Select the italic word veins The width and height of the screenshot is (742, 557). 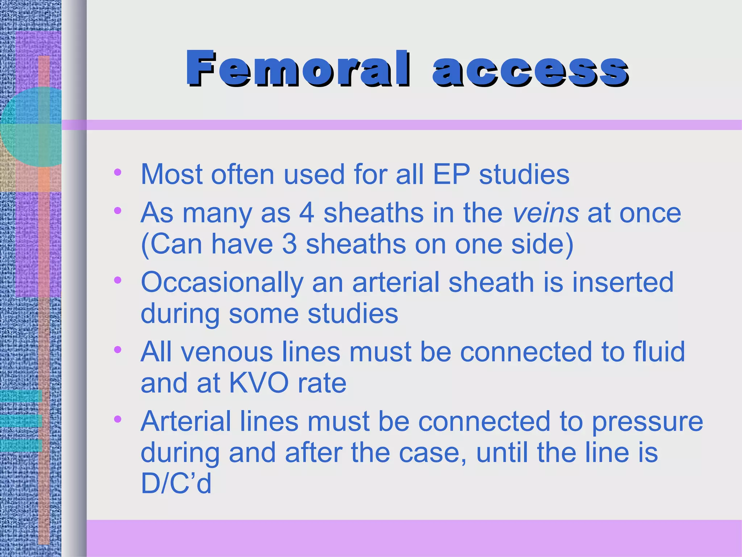(546, 213)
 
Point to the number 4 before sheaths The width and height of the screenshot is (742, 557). (307, 213)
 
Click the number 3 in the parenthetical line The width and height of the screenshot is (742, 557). (289, 244)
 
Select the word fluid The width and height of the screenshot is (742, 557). (659, 351)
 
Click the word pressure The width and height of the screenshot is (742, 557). (647, 422)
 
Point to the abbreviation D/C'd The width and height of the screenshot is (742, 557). (176, 483)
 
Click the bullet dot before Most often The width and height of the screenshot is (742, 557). (117, 172)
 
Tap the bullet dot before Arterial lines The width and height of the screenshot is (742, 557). (117, 419)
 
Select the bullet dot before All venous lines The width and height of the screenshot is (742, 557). (117, 350)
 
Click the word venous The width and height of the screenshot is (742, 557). (227, 352)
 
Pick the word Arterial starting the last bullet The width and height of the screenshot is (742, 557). (185, 421)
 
